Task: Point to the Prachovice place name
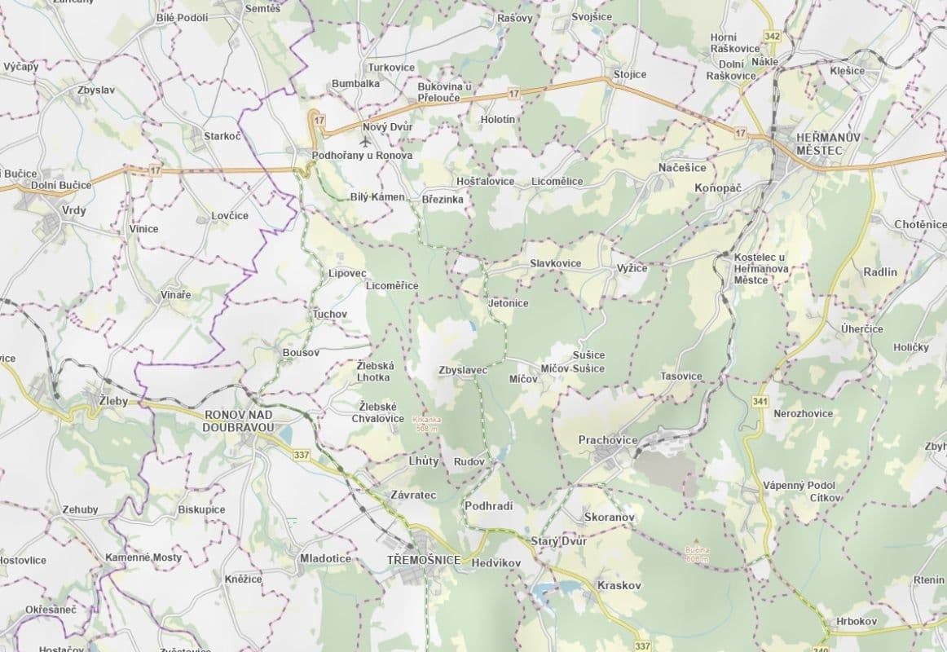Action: tap(607, 440)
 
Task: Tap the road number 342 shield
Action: tap(773, 37)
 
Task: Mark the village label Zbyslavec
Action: tap(462, 370)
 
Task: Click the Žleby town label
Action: tap(112, 401)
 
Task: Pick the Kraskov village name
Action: tap(619, 586)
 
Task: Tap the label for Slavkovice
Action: tap(555, 263)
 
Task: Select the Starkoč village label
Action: tap(222, 136)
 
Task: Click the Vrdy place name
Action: tap(73, 209)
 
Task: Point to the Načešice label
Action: tap(682, 168)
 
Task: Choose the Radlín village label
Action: tap(879, 272)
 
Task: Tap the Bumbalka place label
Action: tap(355, 84)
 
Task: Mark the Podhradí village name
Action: tap(488, 506)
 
